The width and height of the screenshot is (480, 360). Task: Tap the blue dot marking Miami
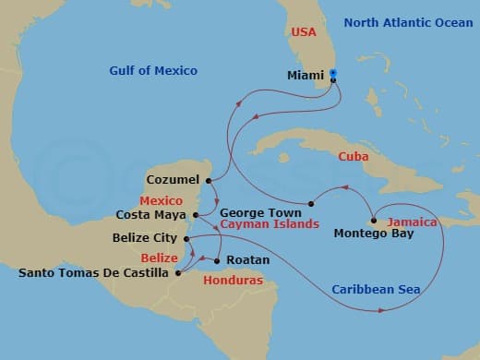coord(332,73)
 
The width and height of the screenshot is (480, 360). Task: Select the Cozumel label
coord(173,180)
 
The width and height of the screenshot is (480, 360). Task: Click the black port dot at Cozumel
coord(210,180)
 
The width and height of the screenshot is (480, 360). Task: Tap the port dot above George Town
coord(311,202)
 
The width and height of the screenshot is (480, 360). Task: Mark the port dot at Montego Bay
coord(373,220)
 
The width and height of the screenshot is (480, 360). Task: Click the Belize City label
coord(144,238)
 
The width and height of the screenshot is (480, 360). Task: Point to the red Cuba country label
coord(354,157)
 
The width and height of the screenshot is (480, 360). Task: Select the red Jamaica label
coord(411,222)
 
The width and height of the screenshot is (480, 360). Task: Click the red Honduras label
coord(233,280)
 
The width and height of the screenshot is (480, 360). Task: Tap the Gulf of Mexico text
coord(153,71)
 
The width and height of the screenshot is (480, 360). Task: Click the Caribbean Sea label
coord(377,290)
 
